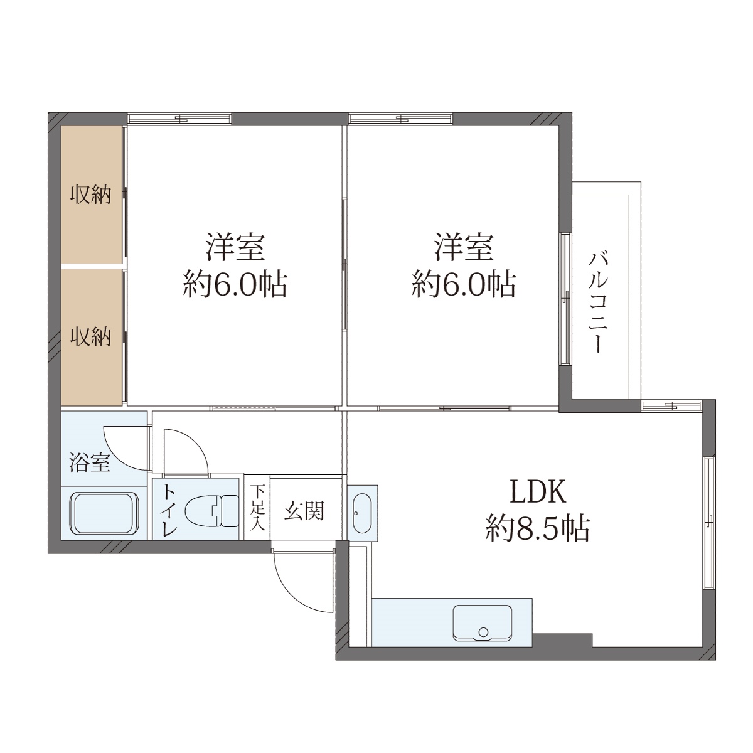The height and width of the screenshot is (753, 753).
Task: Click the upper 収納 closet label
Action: (x=90, y=194)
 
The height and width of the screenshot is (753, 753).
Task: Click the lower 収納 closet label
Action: (x=90, y=336)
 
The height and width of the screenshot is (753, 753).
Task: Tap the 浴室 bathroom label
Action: (x=90, y=462)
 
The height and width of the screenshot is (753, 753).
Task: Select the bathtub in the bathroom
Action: (x=104, y=513)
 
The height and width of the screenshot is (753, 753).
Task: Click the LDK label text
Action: (x=538, y=493)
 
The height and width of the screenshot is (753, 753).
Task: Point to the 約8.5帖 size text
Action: (x=538, y=528)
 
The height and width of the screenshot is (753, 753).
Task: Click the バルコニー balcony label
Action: (x=598, y=303)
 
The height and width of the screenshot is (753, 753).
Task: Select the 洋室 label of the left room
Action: (x=236, y=247)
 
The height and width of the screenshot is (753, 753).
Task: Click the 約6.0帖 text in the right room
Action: (x=464, y=284)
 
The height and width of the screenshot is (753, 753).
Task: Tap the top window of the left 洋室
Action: (x=179, y=118)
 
